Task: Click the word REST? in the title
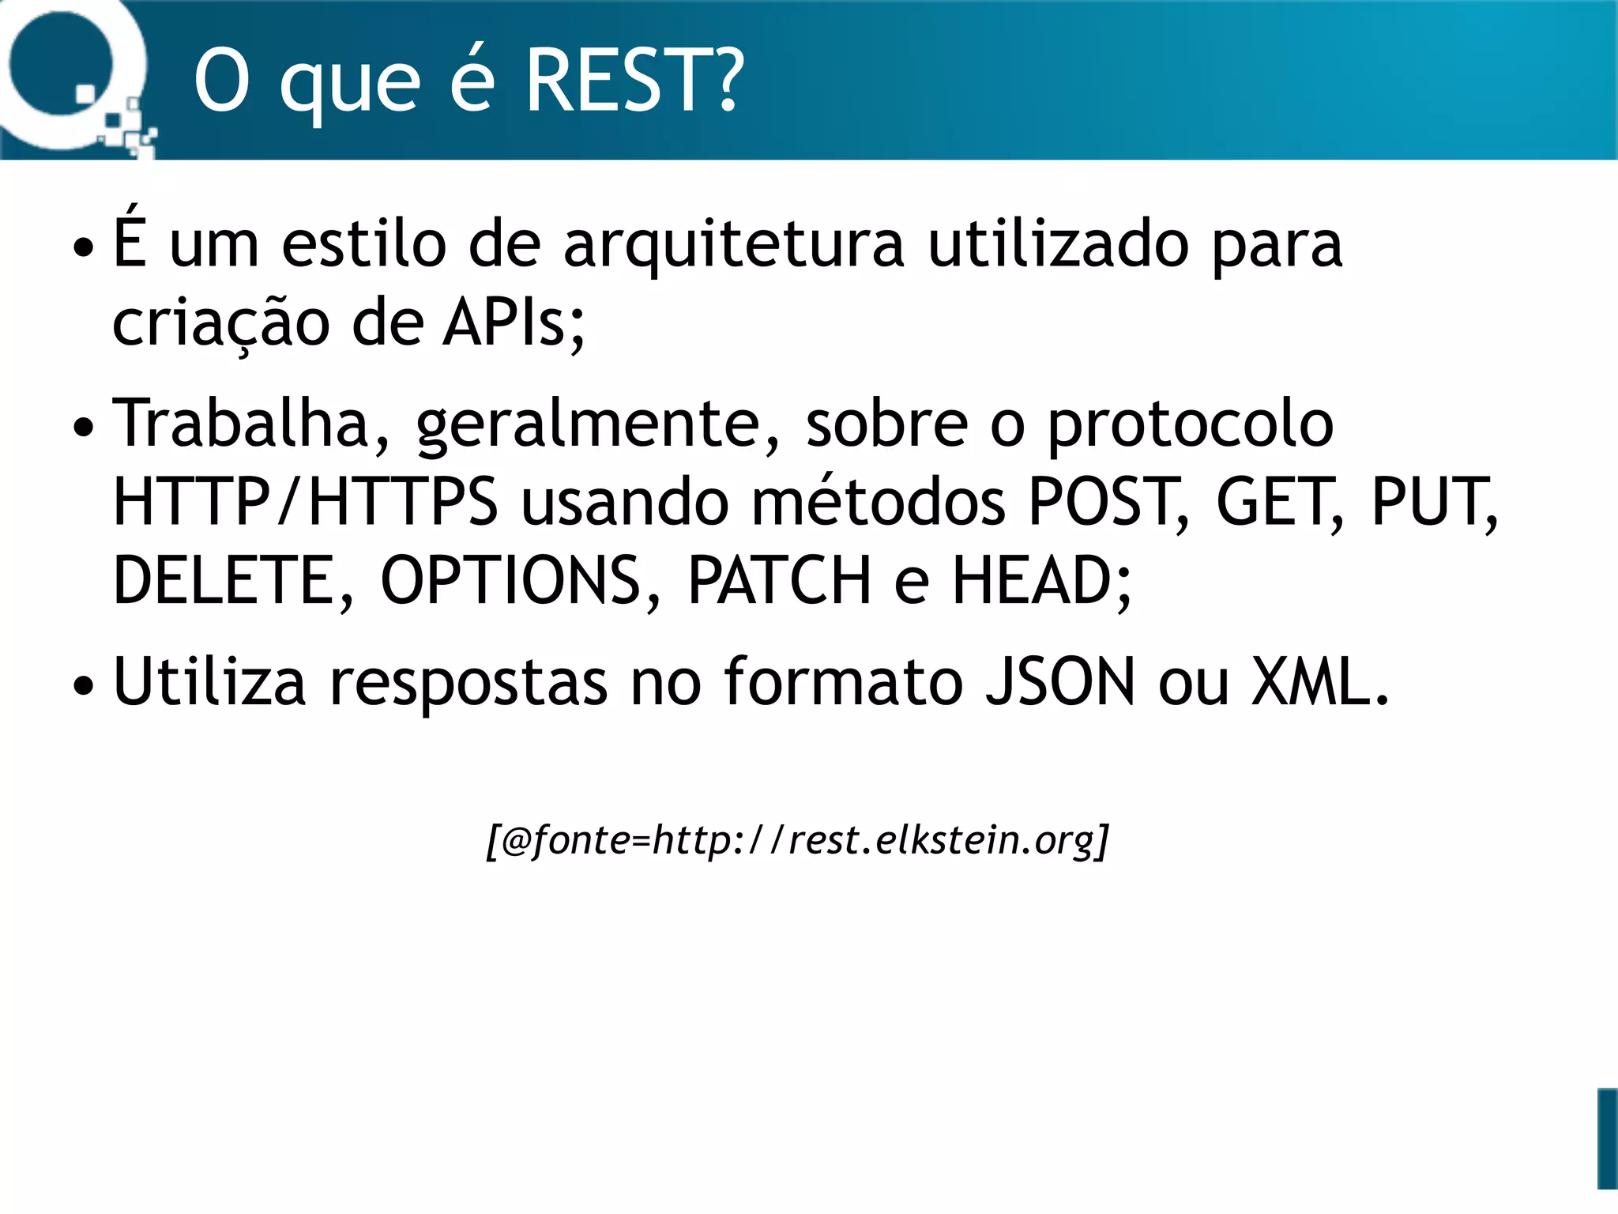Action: pos(634,80)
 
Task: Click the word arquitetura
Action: pos(733,245)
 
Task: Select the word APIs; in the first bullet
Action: pos(514,324)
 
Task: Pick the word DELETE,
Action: pos(234,581)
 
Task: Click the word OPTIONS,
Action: pos(521,581)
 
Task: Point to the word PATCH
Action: pos(779,581)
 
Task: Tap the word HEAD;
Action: pos(1042,581)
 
